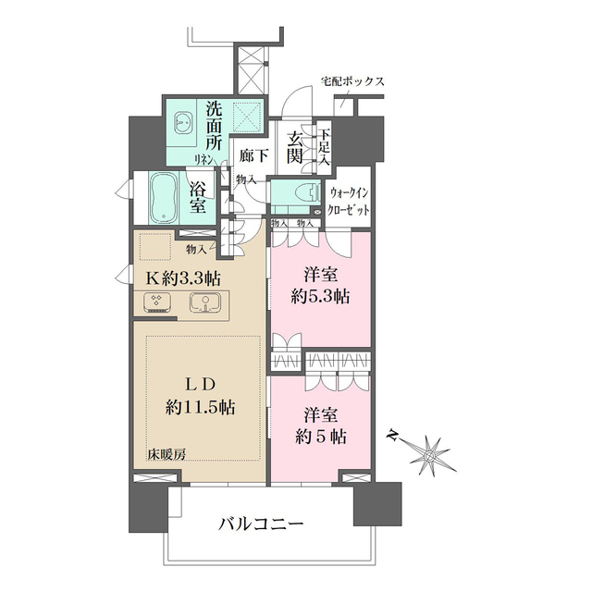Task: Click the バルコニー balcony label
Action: coord(261,524)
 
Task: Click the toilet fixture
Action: coord(298,197)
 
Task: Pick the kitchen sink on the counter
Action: coord(205,302)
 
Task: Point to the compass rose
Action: coord(431,454)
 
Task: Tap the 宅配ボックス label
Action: coord(352,81)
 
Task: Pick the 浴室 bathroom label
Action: coord(198,198)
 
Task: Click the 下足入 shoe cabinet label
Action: coord(325,148)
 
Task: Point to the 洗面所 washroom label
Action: coord(214,124)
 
